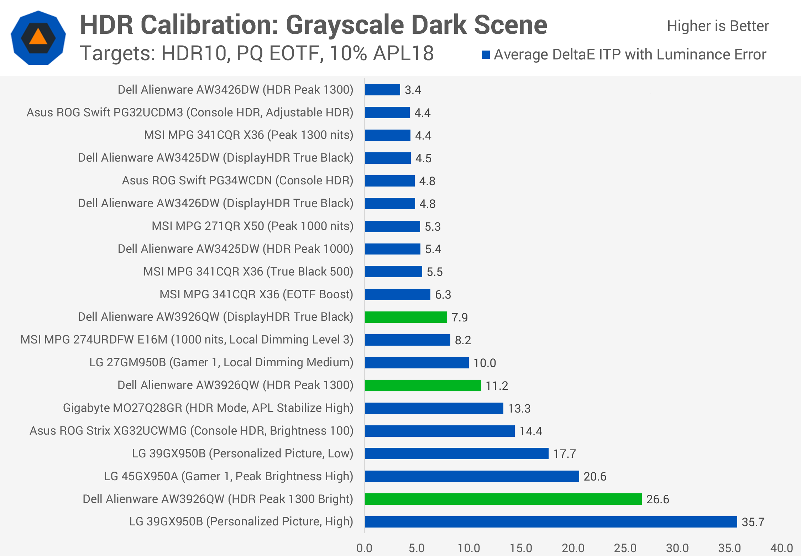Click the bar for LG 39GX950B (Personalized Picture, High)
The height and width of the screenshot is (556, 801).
coord(551,522)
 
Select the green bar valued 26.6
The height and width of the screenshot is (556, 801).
coord(503,499)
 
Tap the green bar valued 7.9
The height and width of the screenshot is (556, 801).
coord(406,317)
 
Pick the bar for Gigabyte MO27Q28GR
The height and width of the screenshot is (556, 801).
coord(434,408)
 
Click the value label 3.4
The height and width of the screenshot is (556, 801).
coord(413,90)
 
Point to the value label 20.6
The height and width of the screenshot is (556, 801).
coord(595,477)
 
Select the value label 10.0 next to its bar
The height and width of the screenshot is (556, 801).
coord(485,363)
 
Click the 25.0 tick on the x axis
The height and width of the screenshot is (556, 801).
coord(625,548)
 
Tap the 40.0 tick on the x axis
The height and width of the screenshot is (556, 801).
coord(782,548)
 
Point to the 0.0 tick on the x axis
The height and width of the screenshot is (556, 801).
coord(364,548)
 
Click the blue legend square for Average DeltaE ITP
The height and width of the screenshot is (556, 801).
coord(486,54)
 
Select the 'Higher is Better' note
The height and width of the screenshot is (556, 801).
coord(718,26)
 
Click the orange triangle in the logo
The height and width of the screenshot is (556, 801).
coord(38,36)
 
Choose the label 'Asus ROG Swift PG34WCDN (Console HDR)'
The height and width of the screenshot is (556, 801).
coord(237,180)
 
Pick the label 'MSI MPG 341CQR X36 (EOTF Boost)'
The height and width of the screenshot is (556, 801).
coord(256,294)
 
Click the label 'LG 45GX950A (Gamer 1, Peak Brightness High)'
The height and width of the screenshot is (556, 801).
coord(229,476)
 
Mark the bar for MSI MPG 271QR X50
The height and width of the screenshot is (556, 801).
coord(392,226)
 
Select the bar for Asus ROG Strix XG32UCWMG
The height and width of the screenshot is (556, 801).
coord(440,431)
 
